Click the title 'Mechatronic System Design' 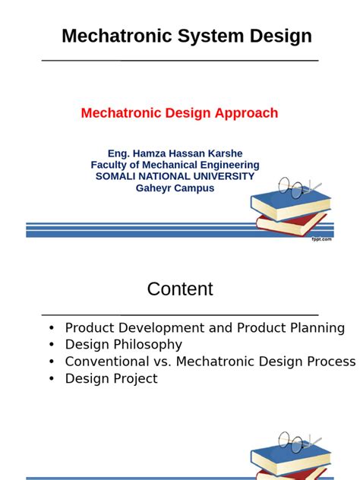186,36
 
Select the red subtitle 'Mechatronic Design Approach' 179,113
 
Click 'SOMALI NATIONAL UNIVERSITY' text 175,176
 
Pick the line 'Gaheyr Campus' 175,188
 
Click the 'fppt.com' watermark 321,240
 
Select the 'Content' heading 180,289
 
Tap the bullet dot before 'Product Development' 51,328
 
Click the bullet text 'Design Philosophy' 124,345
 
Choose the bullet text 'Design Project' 111,378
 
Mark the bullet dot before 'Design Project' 51,378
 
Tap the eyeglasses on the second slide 298,440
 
